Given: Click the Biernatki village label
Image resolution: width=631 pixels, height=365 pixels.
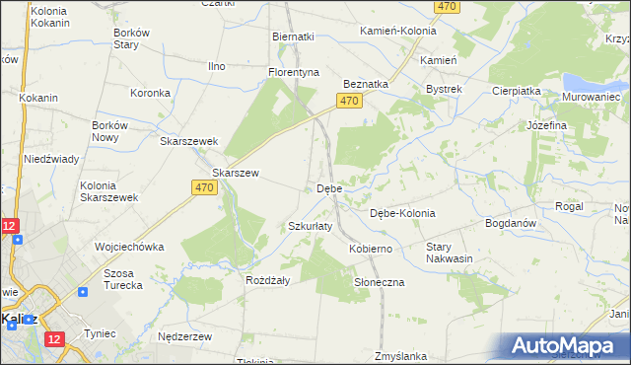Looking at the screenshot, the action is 293,36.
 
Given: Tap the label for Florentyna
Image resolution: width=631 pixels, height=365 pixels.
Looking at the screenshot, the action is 296,73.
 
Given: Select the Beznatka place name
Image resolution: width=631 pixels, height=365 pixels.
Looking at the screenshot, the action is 366,85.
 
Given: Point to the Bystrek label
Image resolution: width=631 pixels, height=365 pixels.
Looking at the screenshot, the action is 444,89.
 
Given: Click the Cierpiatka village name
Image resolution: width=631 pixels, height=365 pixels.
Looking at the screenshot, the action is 517,91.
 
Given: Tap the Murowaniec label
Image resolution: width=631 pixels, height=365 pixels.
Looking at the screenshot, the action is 591,98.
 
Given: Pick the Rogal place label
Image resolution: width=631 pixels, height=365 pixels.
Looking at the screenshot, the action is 570,206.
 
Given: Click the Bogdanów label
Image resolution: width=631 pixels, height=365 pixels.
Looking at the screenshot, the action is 511,224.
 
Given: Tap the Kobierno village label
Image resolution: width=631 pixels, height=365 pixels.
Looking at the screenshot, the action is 371,250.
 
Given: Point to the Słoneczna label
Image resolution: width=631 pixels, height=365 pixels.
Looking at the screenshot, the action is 380,282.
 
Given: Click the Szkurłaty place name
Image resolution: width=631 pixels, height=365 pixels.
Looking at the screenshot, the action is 311,226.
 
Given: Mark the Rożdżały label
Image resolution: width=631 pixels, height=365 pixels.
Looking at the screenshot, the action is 266,280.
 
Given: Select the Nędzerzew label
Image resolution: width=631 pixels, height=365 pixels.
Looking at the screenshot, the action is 185,336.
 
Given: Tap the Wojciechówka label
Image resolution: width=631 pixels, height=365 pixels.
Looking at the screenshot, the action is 129,247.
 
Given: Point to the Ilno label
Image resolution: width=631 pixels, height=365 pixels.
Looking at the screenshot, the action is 216,66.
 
